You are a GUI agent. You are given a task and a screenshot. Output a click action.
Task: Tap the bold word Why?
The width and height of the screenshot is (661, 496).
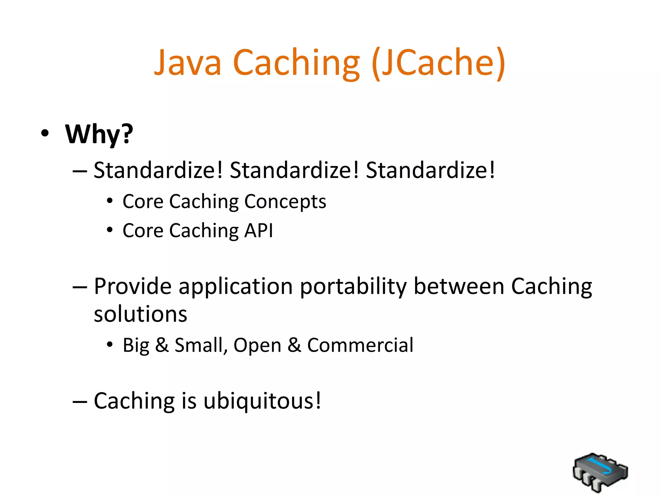99,134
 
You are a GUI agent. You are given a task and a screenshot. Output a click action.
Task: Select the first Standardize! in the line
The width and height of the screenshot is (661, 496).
158,170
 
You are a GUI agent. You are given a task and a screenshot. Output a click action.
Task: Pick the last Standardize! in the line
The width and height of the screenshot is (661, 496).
430,170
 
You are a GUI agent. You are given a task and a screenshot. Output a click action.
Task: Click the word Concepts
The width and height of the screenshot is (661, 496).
285,202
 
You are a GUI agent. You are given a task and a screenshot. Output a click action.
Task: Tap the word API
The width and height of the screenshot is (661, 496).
259,231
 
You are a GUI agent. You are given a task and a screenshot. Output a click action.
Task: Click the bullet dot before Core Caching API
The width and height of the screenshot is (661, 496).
110,230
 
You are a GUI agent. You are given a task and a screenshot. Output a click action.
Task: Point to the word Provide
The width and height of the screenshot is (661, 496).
133,286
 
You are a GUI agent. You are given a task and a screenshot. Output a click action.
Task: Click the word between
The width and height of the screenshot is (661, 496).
459,286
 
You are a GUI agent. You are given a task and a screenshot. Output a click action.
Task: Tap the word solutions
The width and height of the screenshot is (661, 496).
140,314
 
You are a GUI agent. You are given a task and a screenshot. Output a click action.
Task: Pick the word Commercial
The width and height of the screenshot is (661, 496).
360,345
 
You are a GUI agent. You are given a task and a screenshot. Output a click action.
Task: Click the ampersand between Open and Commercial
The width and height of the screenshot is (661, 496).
294,345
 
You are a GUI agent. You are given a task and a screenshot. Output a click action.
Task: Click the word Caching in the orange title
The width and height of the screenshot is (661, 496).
296,63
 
